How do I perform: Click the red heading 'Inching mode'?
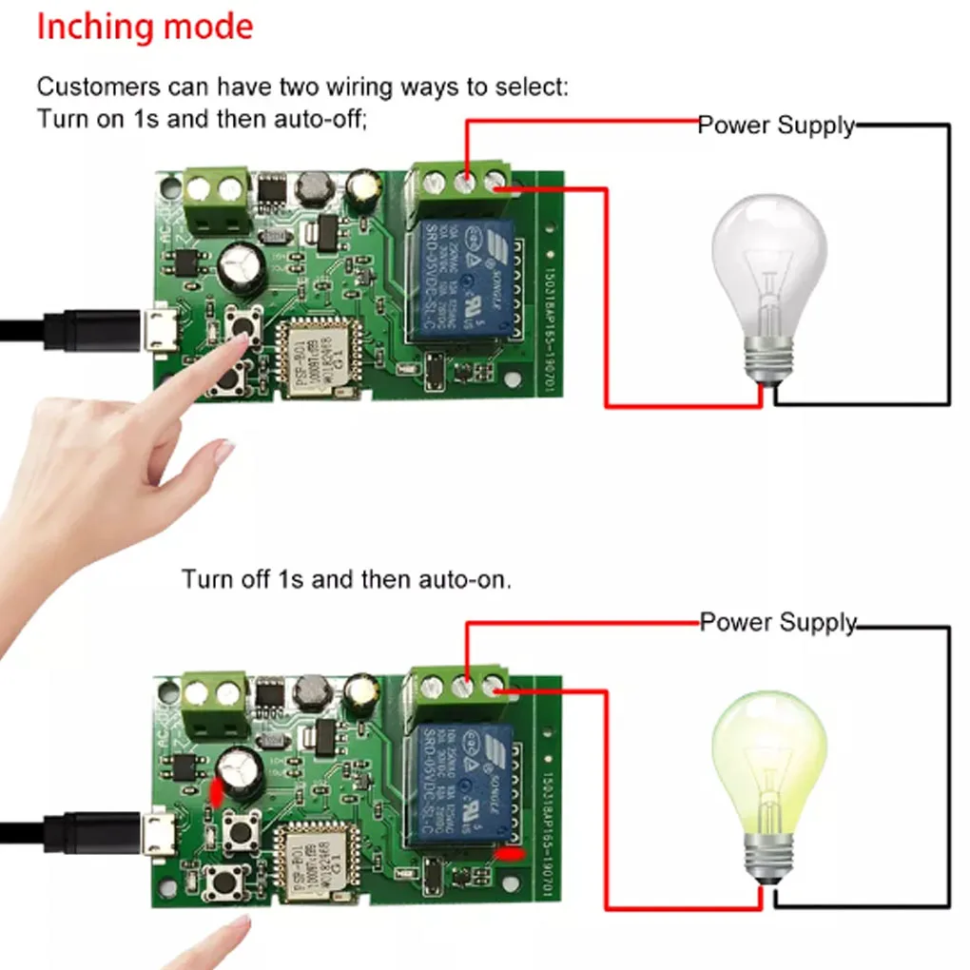pos(145,27)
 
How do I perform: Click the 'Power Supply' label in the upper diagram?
pos(776,126)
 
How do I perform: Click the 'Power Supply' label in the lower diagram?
pos(778,623)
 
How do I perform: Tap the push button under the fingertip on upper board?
pos(242,325)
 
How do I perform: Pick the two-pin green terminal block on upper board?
pos(217,199)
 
